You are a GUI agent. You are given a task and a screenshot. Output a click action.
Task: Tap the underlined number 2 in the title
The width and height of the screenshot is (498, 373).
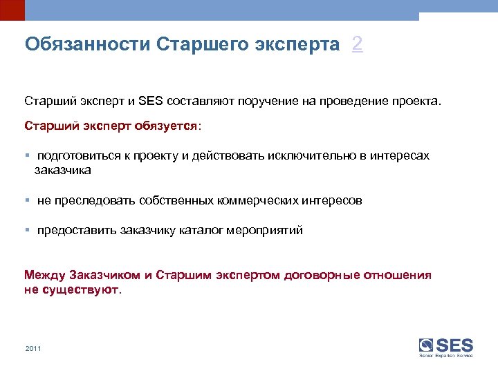point(357,45)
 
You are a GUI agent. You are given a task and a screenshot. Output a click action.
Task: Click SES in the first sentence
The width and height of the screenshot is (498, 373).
point(149,102)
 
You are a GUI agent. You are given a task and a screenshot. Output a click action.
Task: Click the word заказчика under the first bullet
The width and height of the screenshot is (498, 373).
point(62,169)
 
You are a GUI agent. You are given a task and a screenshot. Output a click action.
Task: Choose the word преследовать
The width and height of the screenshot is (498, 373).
point(89,200)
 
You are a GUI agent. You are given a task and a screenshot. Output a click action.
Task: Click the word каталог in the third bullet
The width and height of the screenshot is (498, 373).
point(199,231)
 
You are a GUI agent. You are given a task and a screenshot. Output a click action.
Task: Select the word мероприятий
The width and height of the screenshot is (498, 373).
point(268,231)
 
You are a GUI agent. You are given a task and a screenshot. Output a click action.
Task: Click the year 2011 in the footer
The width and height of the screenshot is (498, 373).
point(33,348)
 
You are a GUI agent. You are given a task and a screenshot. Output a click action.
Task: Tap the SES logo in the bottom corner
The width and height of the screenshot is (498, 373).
point(446,347)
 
